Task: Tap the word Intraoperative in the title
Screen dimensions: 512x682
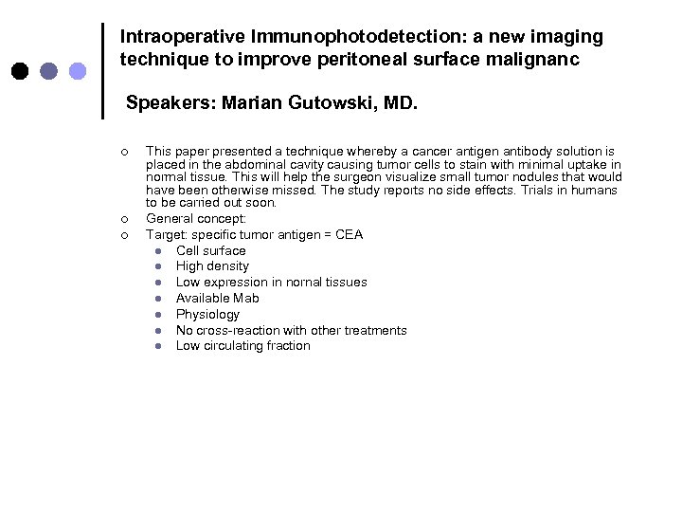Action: coord(183,37)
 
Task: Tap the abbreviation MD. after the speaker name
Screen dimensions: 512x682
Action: coord(397,102)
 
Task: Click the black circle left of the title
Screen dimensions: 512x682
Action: coord(20,70)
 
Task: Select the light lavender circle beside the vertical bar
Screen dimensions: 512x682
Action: coord(79,70)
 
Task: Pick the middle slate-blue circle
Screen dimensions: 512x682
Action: coord(49,70)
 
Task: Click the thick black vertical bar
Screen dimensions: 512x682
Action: coord(102,70)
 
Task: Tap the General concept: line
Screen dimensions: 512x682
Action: coord(195,219)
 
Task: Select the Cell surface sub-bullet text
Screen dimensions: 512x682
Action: coord(210,250)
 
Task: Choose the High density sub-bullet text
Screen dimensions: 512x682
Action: coord(212,266)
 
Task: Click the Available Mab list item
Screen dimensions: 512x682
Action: coord(217,298)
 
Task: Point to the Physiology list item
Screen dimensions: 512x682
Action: coord(207,314)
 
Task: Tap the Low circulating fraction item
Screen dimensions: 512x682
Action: coord(242,346)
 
